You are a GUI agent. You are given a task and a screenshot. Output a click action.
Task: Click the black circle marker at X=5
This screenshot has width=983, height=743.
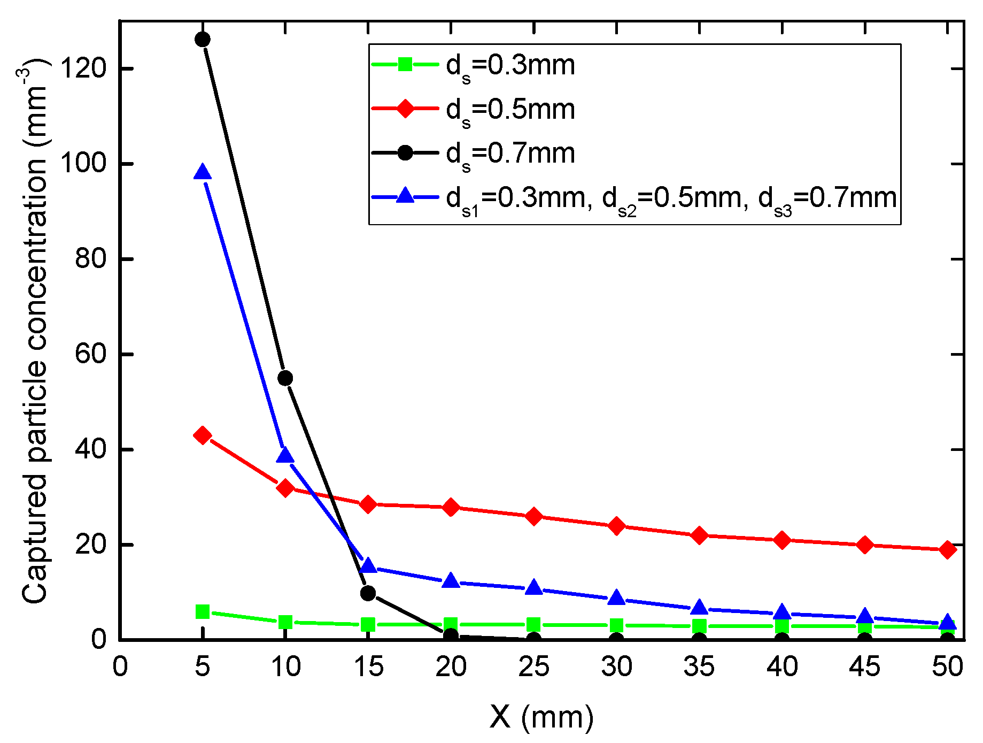click(x=203, y=39)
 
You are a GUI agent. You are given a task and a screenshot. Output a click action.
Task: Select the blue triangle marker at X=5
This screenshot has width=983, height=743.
click(x=203, y=173)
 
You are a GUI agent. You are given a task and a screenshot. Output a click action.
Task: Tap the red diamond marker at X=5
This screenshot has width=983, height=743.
click(x=203, y=435)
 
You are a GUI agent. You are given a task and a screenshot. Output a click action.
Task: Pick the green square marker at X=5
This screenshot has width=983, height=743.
click(x=203, y=611)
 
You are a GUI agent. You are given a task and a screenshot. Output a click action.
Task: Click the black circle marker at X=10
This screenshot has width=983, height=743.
click(x=285, y=378)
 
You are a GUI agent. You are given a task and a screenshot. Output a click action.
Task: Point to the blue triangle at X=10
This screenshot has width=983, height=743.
click(x=285, y=456)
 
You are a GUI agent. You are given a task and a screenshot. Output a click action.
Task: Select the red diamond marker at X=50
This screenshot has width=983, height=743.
click(x=948, y=549)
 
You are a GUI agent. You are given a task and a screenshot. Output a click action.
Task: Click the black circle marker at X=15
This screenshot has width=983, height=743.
click(x=368, y=593)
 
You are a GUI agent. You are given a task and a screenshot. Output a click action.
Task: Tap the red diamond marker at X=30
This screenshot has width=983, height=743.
click(x=617, y=526)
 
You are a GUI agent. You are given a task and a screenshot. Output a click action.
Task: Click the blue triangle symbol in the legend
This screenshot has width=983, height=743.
click(x=406, y=196)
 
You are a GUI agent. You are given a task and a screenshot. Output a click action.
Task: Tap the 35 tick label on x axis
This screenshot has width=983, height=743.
click(x=699, y=667)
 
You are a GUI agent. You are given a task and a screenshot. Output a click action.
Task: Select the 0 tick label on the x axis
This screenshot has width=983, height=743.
click(x=120, y=667)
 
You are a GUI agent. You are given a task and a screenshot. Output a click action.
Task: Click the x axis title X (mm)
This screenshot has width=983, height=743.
click(x=541, y=717)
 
